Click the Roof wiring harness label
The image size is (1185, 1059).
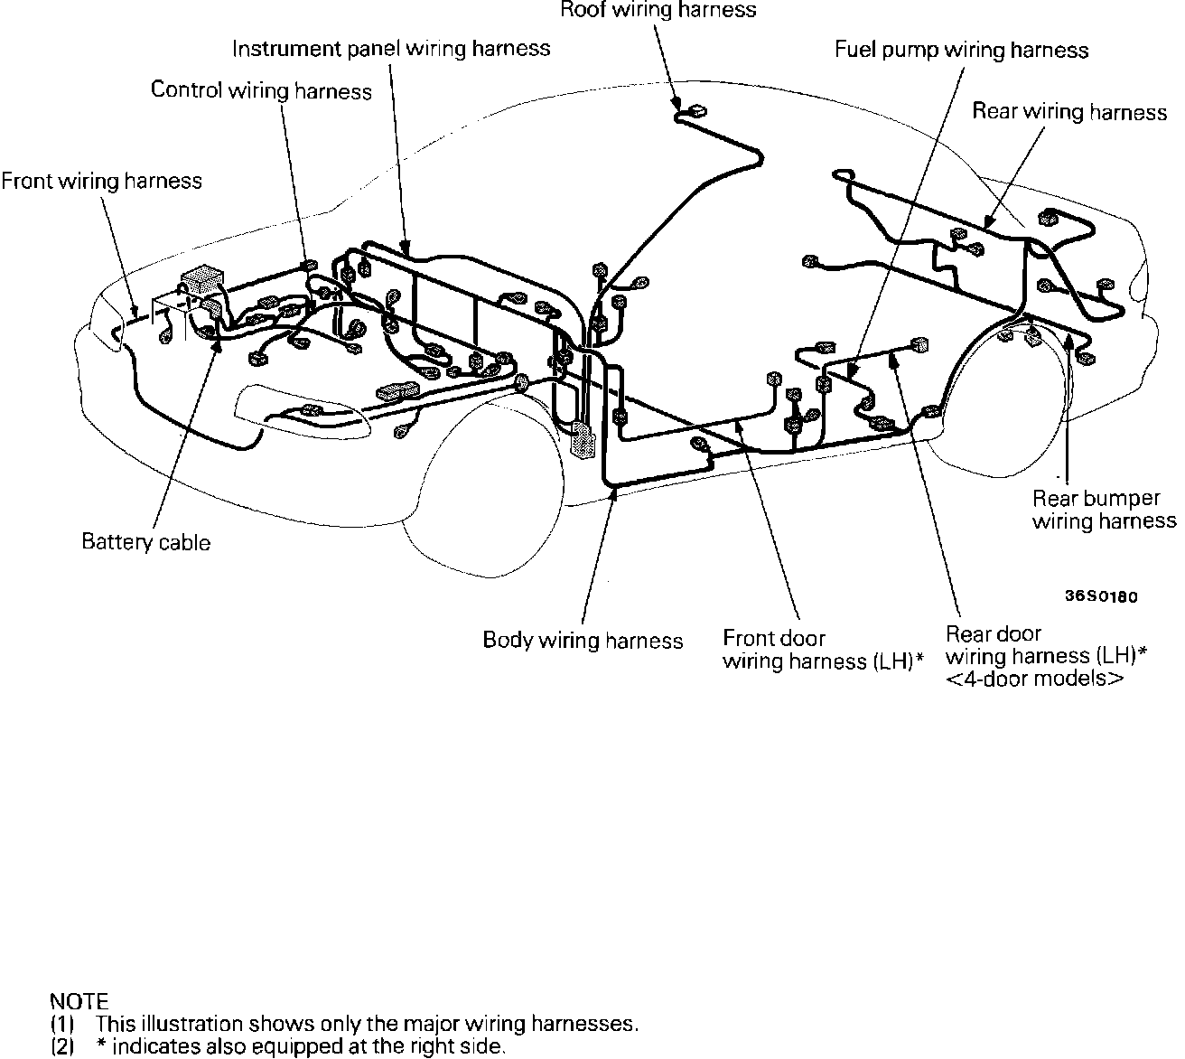point(658,11)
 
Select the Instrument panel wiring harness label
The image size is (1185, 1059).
point(391,48)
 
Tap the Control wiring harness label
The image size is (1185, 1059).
point(261,90)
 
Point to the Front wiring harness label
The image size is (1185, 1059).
point(101,181)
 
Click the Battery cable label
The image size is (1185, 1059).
point(145,542)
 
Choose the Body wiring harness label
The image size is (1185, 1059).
point(583,641)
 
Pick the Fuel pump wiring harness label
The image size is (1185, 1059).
point(961,50)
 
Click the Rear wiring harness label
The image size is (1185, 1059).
point(1069,112)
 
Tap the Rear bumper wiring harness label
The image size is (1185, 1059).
point(1104,510)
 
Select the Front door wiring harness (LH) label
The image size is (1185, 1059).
point(822,650)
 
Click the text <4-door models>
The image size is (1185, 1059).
point(1035,679)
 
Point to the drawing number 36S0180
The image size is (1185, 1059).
point(1099,596)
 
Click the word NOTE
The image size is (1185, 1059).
point(79,1001)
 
